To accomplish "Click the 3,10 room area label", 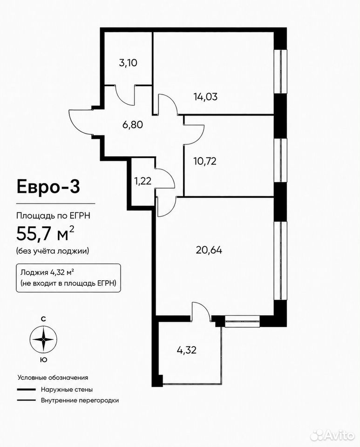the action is click(x=128, y=63).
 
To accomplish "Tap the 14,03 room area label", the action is click(x=205, y=97).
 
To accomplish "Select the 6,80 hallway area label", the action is click(x=133, y=125).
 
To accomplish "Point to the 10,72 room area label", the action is click(x=205, y=162).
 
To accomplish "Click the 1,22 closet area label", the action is click(x=143, y=181).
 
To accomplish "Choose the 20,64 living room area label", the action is click(x=209, y=250).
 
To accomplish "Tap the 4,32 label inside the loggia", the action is click(x=187, y=350).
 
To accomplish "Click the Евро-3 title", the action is click(x=48, y=187).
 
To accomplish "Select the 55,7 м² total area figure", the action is click(x=45, y=233).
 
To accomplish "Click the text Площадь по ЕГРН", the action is click(x=53, y=216).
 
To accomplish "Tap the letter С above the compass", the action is click(x=43, y=319).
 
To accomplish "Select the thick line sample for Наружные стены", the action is click(x=26, y=389).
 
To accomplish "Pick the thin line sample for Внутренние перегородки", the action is click(x=26, y=400).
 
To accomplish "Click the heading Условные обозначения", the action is click(x=53, y=378).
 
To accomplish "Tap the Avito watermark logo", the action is click(x=333, y=435).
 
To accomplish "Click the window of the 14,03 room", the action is click(x=280, y=72).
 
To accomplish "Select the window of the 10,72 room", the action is click(x=280, y=161).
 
